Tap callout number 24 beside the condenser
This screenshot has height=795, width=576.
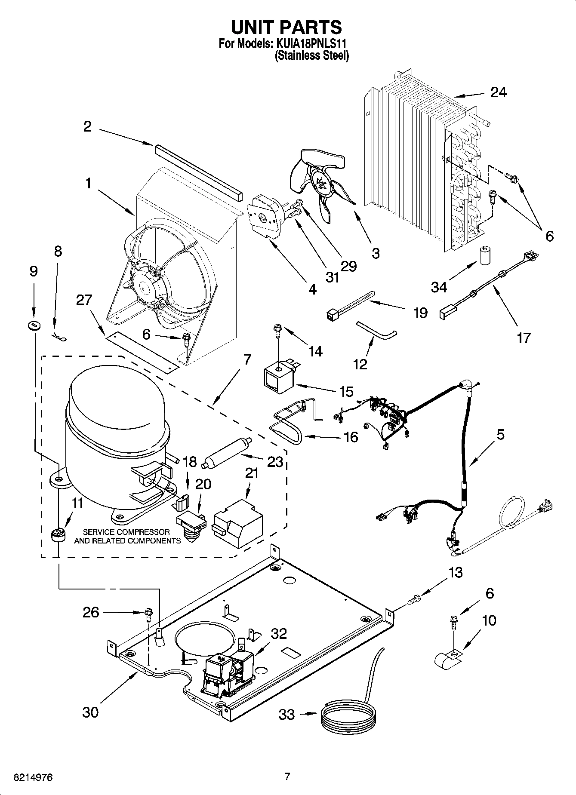[498, 92]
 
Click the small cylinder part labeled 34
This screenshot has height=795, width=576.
[484, 255]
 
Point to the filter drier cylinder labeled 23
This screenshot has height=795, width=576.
[227, 454]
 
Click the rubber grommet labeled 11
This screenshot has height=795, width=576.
[57, 536]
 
